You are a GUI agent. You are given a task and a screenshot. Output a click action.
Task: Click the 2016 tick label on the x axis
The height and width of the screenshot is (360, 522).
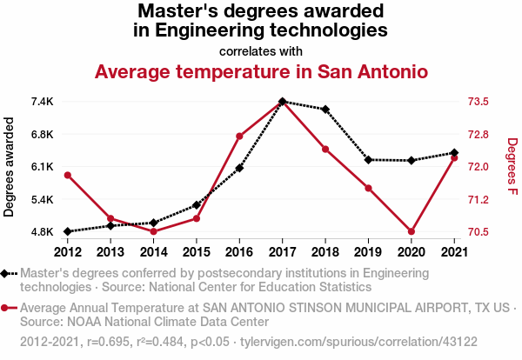click(x=239, y=252)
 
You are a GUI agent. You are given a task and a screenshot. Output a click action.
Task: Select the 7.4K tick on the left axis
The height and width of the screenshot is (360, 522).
click(x=41, y=102)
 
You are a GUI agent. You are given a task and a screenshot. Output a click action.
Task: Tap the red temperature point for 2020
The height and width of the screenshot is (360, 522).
click(x=411, y=232)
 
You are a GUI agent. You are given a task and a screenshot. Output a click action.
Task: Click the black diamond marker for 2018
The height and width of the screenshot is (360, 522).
click(x=325, y=110)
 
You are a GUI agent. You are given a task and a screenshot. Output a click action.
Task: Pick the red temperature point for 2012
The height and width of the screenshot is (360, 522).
click(x=68, y=176)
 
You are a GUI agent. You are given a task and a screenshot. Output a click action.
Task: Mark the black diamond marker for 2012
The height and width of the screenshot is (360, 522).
click(x=68, y=232)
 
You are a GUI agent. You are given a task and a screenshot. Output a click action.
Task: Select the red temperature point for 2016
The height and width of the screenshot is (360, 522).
click(x=239, y=137)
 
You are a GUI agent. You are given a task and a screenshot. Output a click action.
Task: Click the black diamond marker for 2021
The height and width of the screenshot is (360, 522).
click(x=453, y=153)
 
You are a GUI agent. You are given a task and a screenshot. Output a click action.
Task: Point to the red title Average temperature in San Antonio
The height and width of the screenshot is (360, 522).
click(x=261, y=71)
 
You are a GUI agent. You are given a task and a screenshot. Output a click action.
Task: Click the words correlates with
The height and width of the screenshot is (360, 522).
click(x=261, y=50)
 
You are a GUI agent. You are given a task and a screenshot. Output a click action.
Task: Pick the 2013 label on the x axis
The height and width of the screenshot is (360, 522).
click(x=110, y=252)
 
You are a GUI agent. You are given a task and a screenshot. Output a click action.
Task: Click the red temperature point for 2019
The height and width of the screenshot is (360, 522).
click(x=368, y=189)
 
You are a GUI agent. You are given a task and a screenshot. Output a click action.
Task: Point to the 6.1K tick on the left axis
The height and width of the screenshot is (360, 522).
click(x=41, y=167)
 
